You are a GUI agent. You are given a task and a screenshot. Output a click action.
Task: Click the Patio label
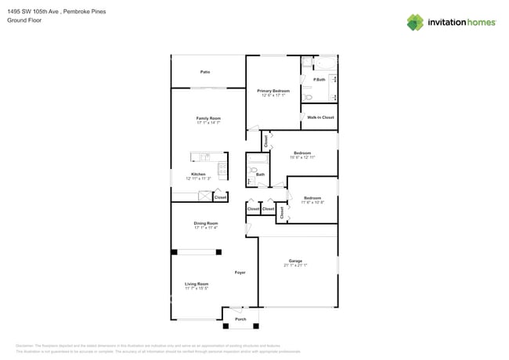point(204,72)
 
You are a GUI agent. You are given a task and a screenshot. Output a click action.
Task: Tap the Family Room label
point(208,118)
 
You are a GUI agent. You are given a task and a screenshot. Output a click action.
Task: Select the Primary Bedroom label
point(273,91)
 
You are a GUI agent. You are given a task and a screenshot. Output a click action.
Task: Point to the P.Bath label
point(319,80)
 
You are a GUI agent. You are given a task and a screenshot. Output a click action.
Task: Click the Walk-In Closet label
point(320,117)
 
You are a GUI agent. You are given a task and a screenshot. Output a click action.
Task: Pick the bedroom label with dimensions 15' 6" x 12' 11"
point(302,153)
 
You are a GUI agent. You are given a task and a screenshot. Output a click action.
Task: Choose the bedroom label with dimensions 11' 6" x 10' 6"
point(312,198)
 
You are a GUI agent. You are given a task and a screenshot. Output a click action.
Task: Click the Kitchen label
point(199,174)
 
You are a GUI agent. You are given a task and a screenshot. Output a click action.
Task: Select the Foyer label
point(240,272)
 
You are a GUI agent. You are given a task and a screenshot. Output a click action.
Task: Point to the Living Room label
point(197,284)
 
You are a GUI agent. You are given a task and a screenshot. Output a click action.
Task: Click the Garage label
point(295,261)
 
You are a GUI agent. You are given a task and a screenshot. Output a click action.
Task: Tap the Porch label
point(240,319)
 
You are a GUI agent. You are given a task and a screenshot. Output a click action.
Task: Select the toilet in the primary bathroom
point(309,98)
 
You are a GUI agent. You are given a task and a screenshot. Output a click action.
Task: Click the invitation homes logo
point(451,23)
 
